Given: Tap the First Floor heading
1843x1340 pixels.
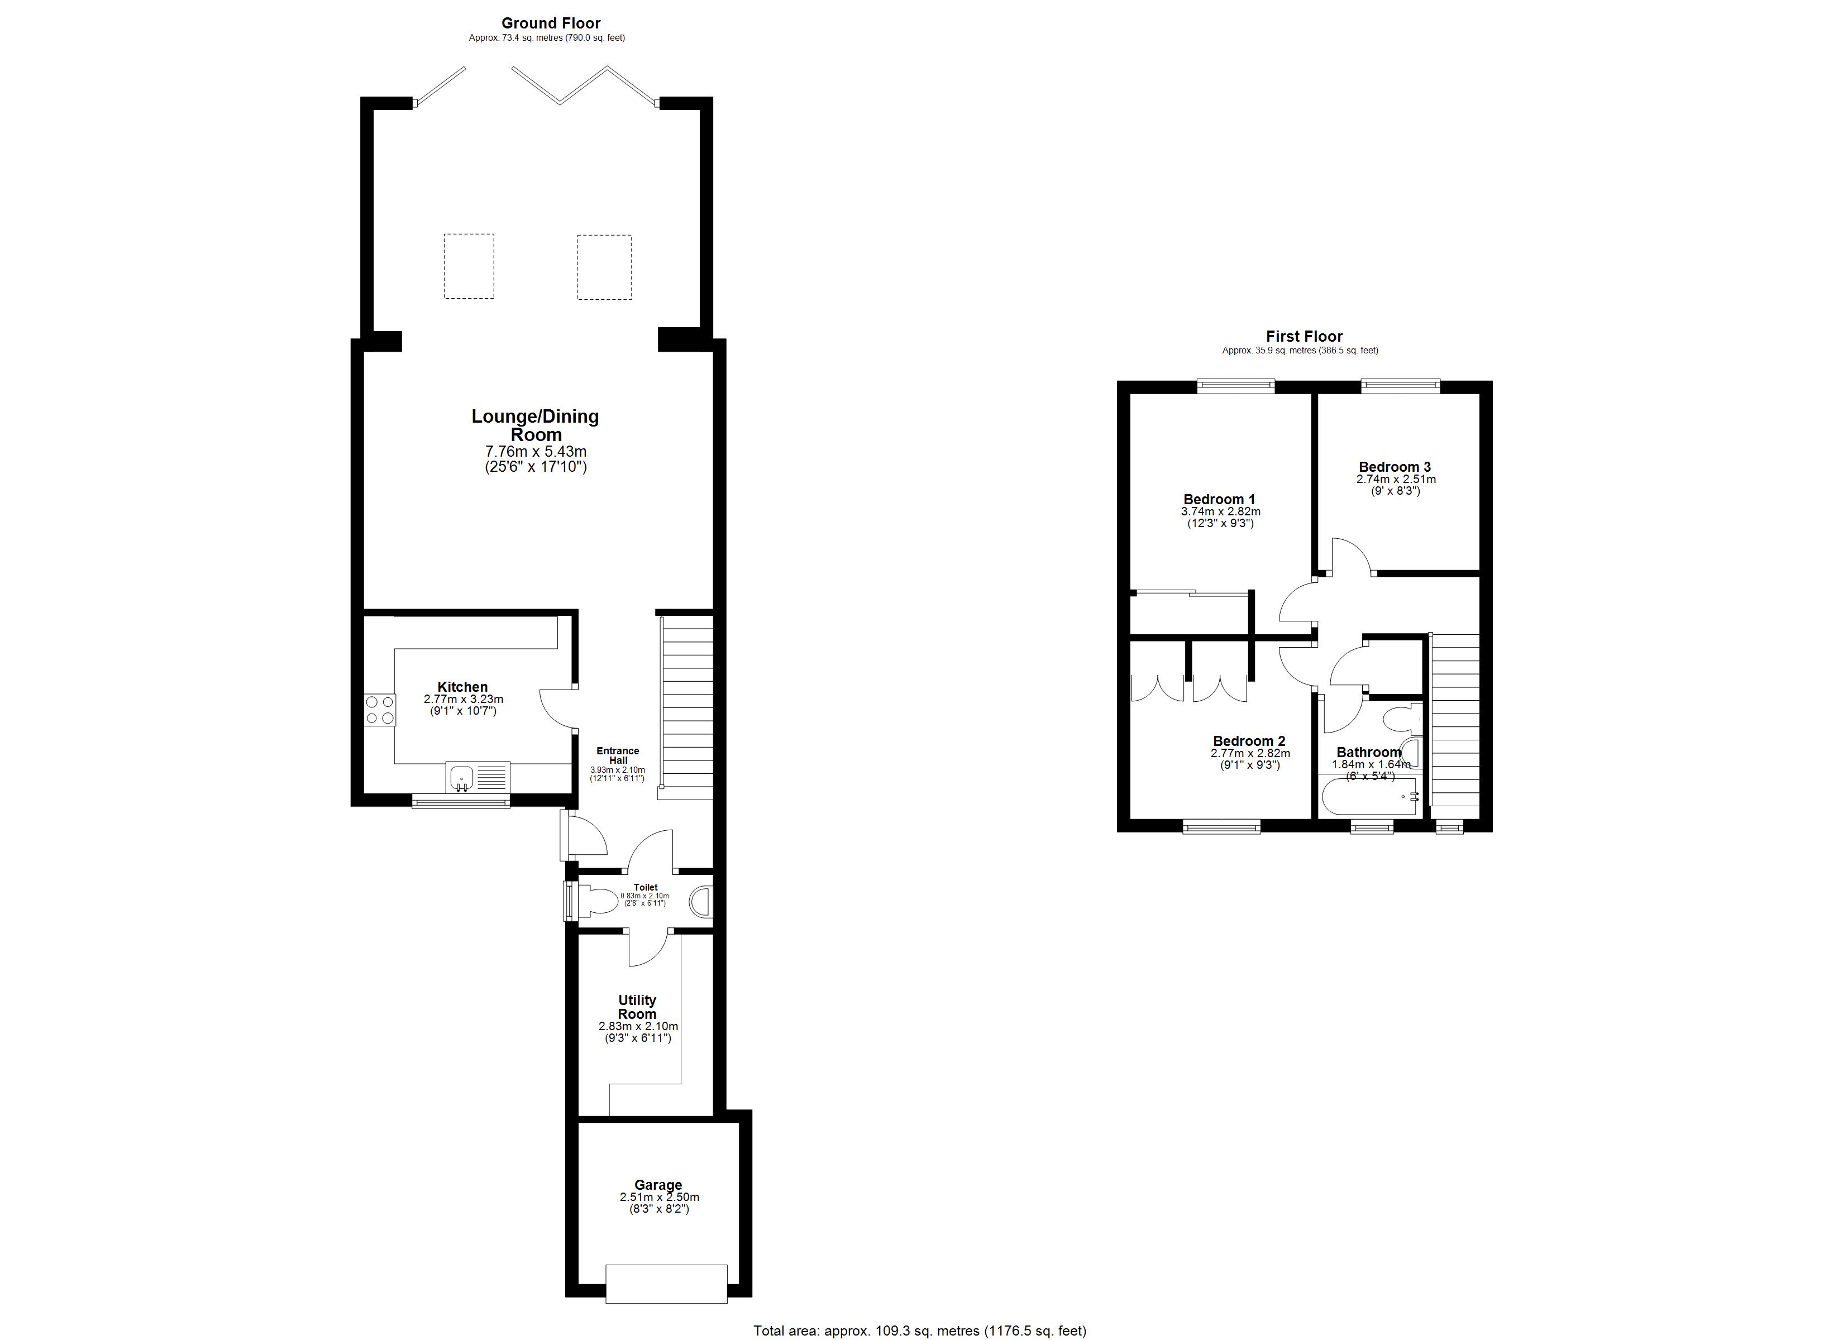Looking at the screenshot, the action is [x=1304, y=337].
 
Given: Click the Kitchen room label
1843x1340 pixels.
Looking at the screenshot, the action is [x=462, y=687].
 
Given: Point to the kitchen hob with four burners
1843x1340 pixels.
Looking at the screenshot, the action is [x=379, y=709].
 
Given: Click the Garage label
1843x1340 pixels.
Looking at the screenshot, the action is [x=658, y=1185].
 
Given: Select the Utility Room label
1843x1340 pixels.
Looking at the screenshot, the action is [x=637, y=1007].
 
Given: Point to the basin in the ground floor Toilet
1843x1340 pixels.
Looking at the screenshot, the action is [x=700, y=902].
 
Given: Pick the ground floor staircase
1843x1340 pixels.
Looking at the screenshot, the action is [x=687, y=703].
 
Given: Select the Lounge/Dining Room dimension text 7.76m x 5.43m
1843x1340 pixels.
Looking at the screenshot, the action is [x=536, y=451].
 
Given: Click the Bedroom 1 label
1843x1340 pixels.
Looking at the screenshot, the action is [x=1219, y=499].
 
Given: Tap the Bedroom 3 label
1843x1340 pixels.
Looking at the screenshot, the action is [x=1395, y=466].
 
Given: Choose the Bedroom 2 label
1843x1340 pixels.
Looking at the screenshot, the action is [x=1249, y=741].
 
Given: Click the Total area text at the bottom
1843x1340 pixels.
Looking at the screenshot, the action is [x=920, y=1331].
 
